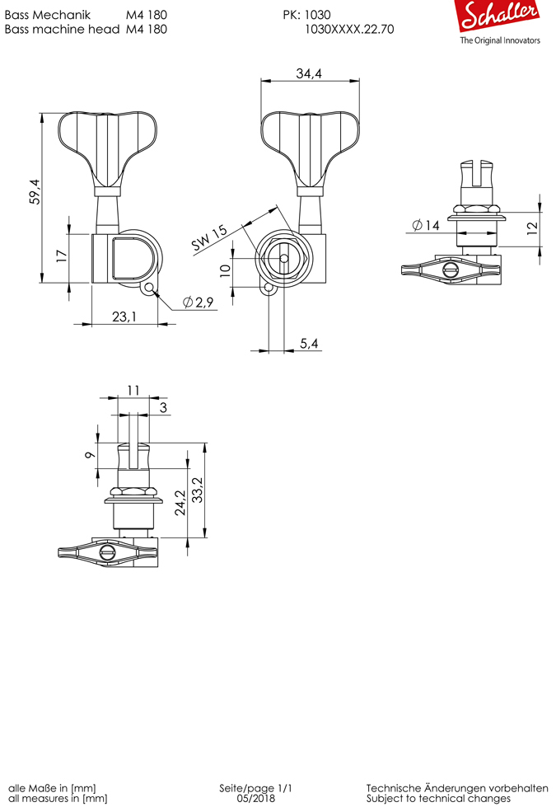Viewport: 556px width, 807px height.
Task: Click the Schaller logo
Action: pyautogui.click(x=500, y=17)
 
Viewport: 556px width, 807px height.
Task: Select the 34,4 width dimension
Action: pyautogui.click(x=309, y=74)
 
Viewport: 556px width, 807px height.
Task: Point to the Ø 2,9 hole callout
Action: pyautogui.click(x=199, y=303)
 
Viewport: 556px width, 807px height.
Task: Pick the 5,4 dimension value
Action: pyautogui.click(x=310, y=343)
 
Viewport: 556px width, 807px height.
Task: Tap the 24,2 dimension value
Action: pyautogui.click(x=180, y=502)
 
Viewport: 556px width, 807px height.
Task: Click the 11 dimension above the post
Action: pyautogui.click(x=133, y=391)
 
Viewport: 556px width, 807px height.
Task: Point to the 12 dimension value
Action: pyautogui.click(x=532, y=226)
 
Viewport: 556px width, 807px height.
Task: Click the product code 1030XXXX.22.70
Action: pyautogui.click(x=349, y=28)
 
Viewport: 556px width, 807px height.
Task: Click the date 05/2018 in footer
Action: pyautogui.click(x=255, y=798)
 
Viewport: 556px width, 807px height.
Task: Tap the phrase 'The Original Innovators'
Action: pyautogui.click(x=500, y=40)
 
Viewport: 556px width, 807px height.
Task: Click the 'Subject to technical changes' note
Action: pyautogui.click(x=438, y=798)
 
